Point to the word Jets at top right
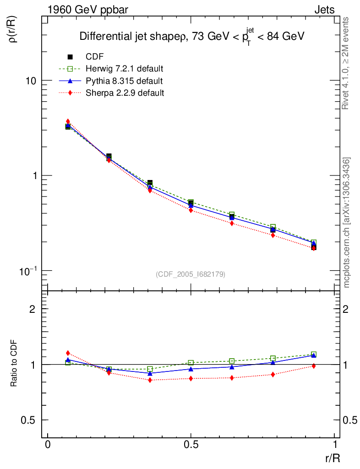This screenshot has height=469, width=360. [324, 10]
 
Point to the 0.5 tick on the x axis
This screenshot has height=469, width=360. [191, 445]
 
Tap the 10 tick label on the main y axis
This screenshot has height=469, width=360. [31, 81]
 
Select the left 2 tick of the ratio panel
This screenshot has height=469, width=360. [33, 309]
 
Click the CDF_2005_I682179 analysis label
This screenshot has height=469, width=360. [190, 274]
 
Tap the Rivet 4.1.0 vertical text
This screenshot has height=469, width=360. [346, 63]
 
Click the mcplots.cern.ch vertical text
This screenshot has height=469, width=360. [347, 223]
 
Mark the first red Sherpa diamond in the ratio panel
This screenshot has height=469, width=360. [68, 353]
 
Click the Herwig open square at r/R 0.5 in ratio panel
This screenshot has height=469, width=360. [191, 363]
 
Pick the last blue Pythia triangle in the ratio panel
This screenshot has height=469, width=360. [314, 355]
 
